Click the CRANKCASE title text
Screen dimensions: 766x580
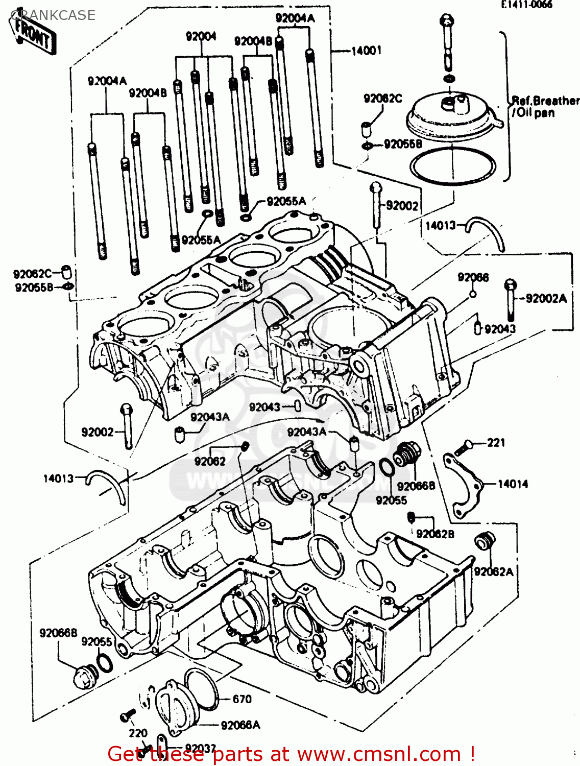click(53, 15)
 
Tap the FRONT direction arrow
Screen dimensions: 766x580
click(34, 35)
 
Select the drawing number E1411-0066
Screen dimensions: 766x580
click(526, 5)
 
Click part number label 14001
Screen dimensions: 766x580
click(366, 51)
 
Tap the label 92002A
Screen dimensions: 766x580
click(546, 299)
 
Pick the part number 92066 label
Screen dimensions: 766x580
click(473, 277)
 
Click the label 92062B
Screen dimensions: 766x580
click(435, 534)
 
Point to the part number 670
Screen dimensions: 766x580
click(242, 699)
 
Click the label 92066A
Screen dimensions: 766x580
click(240, 725)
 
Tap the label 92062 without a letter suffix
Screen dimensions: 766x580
click(209, 462)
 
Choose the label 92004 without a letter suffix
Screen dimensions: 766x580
click(201, 36)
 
